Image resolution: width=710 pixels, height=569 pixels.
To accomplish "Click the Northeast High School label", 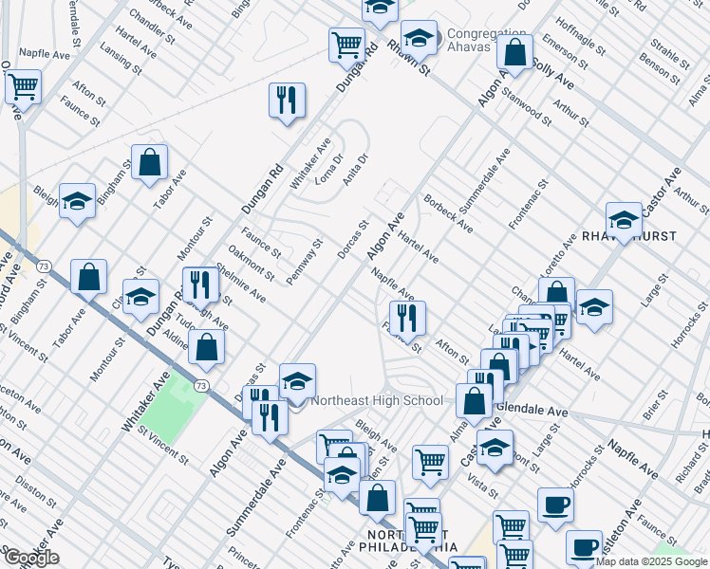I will click(x=378, y=400).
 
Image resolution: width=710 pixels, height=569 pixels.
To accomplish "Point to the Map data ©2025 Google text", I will click(x=651, y=561).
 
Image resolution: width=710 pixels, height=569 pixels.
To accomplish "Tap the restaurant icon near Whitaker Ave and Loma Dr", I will click(x=286, y=100).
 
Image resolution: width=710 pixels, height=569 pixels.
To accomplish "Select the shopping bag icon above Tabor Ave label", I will click(x=149, y=162).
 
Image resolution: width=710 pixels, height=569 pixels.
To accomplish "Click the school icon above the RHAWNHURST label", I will click(x=624, y=220).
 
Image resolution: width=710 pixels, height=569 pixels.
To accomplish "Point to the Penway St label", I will click(x=306, y=253).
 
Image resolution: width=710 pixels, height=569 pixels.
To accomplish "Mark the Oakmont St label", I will click(x=253, y=263).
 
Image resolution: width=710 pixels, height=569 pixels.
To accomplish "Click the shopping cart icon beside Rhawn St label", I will click(x=347, y=44).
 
